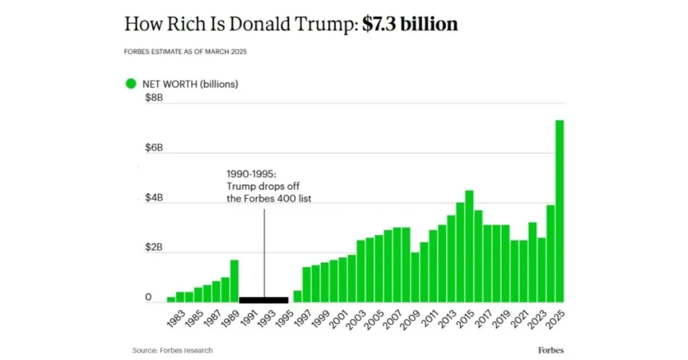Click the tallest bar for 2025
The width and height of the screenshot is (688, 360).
coord(559,212)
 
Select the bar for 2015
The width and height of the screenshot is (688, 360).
coord(469,247)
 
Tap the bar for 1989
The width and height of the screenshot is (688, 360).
coord(234,281)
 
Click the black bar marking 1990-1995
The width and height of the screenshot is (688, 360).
coord(263,300)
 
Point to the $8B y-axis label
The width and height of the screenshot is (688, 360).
coord(154,98)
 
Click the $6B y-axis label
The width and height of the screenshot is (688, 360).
coord(154,148)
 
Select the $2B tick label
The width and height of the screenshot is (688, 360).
coord(154,248)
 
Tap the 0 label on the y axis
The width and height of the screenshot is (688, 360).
coord(148,298)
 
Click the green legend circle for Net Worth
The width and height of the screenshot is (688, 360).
coord(131,84)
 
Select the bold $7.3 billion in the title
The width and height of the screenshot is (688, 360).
coord(410,25)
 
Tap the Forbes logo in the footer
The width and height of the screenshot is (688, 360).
coord(550,350)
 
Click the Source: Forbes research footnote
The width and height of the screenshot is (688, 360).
coord(172,350)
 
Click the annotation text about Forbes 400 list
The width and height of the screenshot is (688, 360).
coord(263,185)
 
